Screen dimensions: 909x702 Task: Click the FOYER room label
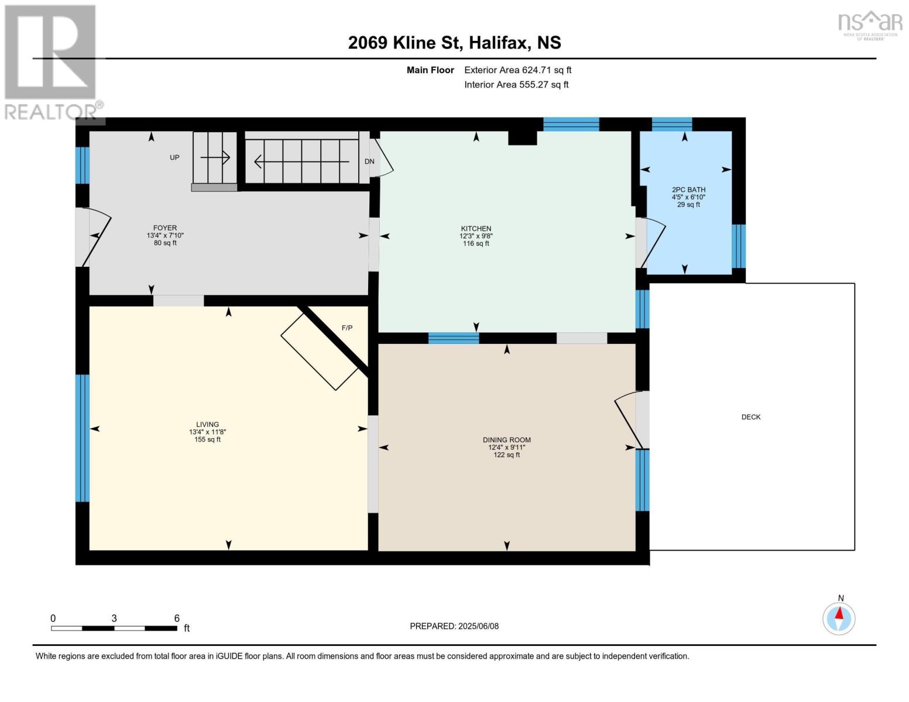[x=165, y=228]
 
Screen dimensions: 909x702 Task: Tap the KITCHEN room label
[x=476, y=229]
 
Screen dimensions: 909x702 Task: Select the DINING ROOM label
[x=506, y=440]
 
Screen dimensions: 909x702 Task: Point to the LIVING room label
[x=207, y=424]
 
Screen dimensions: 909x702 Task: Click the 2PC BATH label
[x=688, y=190]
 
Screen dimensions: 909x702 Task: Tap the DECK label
[x=751, y=417]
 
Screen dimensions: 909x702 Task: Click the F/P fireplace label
[x=347, y=328]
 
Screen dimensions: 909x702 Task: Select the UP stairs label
[x=174, y=157]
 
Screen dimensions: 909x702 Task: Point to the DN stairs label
[x=369, y=161]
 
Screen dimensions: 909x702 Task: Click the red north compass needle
[x=839, y=613]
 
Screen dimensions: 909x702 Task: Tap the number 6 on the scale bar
[x=177, y=618]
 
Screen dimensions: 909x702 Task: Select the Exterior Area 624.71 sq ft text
[x=517, y=70]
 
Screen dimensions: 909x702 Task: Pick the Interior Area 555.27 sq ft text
[x=516, y=85]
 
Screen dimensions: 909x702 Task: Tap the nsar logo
[x=870, y=23]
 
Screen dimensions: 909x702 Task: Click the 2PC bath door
[x=653, y=243]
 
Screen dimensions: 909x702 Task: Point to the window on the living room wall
[x=83, y=438]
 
